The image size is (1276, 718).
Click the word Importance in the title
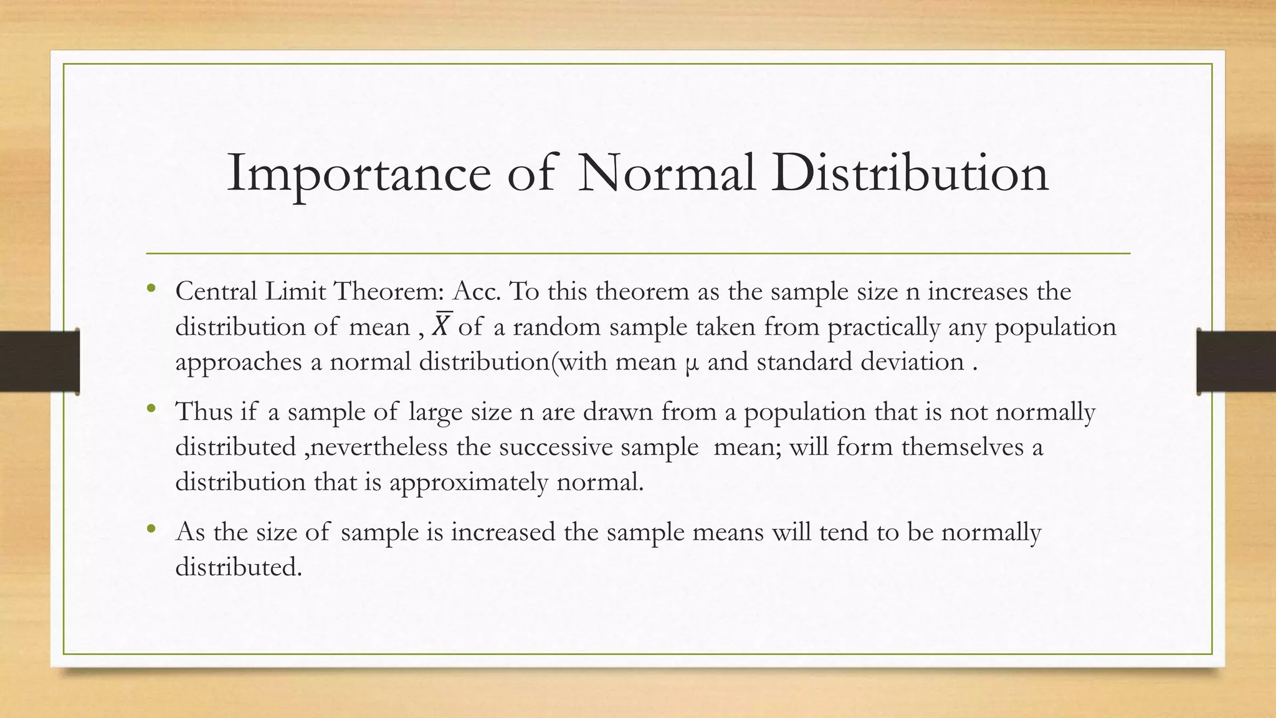tap(359, 173)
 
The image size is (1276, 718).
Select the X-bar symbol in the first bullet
tap(441, 325)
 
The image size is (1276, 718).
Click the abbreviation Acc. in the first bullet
tap(477, 292)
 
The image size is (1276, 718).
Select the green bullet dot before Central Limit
tap(151, 289)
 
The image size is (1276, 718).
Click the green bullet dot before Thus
tap(151, 409)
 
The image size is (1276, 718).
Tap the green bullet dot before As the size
tap(151, 530)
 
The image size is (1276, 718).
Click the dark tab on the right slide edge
tap(1236, 361)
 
